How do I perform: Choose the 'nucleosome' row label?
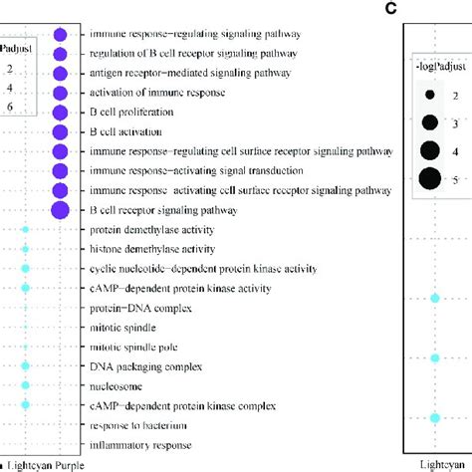[115, 385]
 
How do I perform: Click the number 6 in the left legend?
[7, 106]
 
